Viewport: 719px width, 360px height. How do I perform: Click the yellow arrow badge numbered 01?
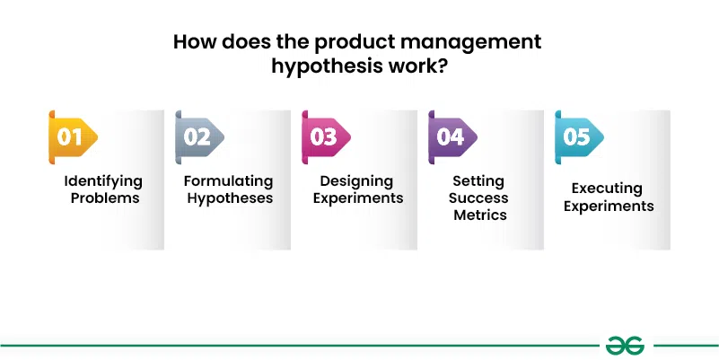tap(73, 137)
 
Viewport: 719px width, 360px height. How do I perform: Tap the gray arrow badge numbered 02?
tap(199, 137)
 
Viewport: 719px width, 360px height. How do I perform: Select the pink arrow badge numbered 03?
tap(326, 137)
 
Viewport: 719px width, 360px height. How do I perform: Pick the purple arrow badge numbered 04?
tap(452, 137)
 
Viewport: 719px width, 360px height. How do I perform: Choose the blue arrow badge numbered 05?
tap(579, 137)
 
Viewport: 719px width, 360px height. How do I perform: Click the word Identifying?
tap(103, 181)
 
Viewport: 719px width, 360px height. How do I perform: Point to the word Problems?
tap(105, 198)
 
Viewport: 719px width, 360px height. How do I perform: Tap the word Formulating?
tap(228, 181)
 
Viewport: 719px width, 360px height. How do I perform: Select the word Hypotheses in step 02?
tap(230, 199)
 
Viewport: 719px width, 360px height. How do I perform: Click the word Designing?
tap(356, 181)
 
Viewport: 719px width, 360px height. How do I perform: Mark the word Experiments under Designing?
tap(358, 199)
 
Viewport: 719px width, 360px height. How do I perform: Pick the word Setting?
tap(478, 181)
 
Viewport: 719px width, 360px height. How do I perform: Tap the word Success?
tap(478, 198)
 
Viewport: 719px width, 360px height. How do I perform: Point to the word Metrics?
tap(480, 215)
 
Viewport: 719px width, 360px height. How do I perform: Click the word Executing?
tap(607, 189)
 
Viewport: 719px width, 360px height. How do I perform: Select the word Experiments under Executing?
tap(609, 206)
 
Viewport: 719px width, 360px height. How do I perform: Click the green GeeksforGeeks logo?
tap(625, 346)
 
